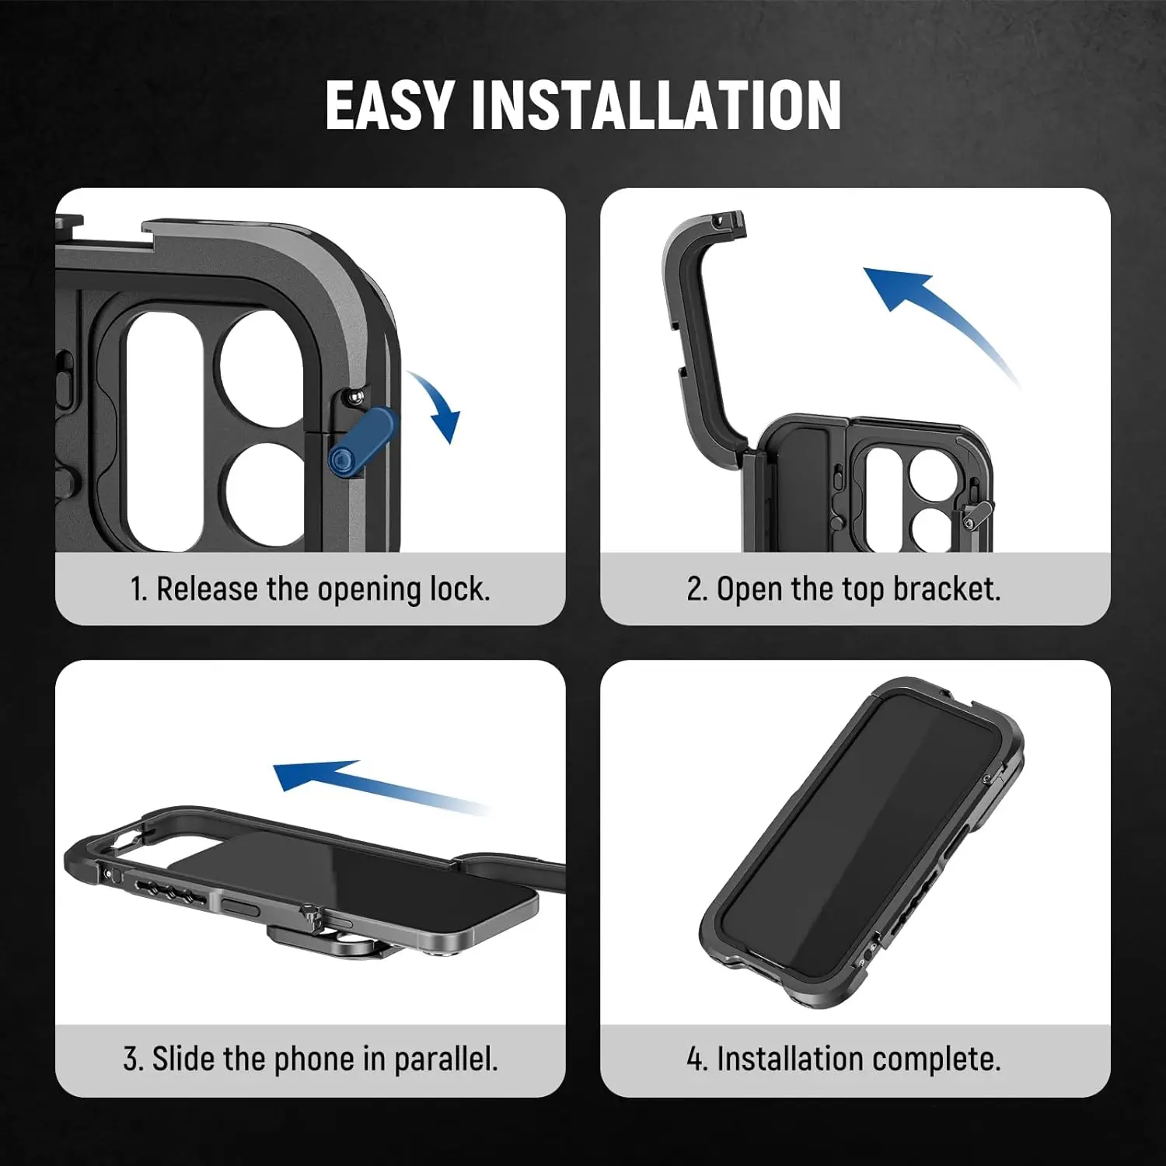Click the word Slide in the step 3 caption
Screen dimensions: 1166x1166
click(x=183, y=1059)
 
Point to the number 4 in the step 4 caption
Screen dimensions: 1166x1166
click(x=694, y=1059)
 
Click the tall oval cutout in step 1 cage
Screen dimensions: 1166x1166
click(x=164, y=431)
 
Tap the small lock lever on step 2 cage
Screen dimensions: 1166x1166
click(x=976, y=513)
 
